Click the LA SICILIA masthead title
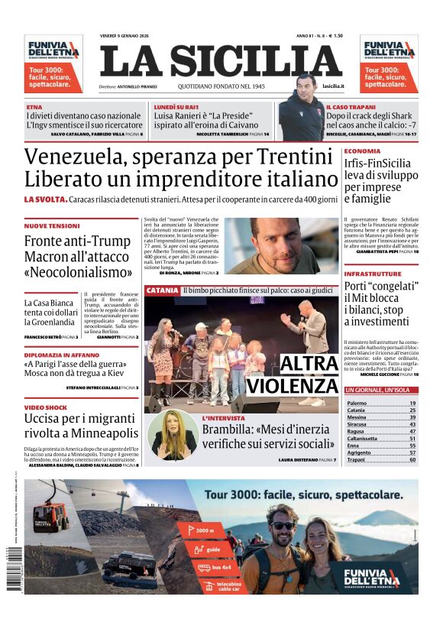(221, 62)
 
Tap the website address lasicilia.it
(333, 86)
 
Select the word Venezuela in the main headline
(75, 157)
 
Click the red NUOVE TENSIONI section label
(52, 226)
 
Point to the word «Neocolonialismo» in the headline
(78, 271)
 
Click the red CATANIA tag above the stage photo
(162, 291)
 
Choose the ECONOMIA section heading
(362, 151)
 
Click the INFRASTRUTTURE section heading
(373, 274)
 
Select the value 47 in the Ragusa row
(412, 431)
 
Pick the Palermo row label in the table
(357, 403)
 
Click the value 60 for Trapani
(412, 460)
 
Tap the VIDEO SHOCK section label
(46, 407)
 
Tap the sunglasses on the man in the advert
(282, 526)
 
